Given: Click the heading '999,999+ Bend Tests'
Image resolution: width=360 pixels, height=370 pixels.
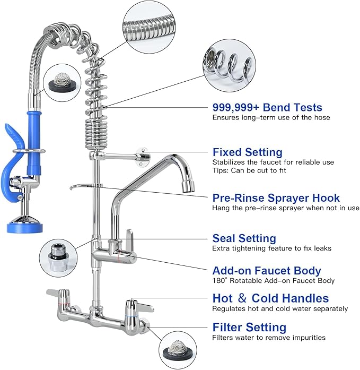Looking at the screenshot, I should [x=267, y=107].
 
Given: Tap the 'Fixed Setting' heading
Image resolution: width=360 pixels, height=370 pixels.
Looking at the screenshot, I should [x=247, y=152].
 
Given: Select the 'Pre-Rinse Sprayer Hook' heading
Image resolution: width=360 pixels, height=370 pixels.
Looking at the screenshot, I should [x=276, y=198].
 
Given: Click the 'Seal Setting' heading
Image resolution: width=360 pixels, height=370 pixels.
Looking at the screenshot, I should [x=244, y=238].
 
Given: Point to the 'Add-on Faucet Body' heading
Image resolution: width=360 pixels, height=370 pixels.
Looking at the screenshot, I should [x=267, y=271].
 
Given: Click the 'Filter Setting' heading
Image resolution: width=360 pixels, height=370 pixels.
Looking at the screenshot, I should [x=249, y=327].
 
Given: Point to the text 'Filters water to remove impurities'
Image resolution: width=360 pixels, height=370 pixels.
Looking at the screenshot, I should [x=269, y=338].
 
